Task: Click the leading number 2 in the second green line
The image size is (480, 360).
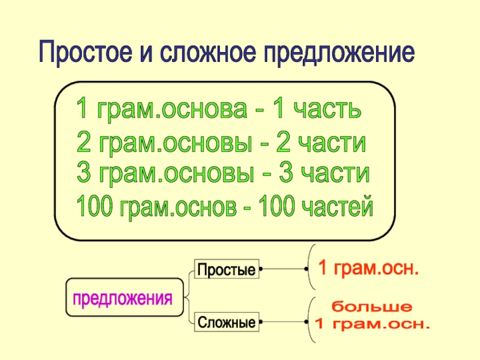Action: (x=84, y=144)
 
